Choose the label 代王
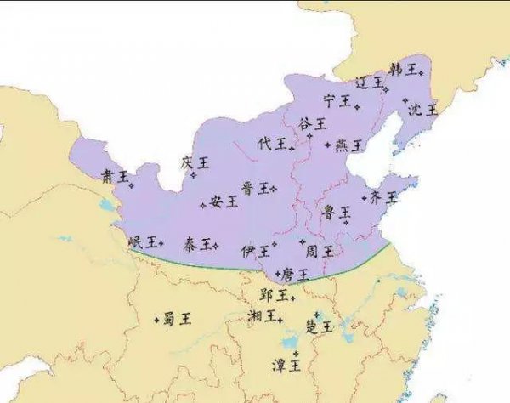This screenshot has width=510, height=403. pyautogui.click(x=272, y=144)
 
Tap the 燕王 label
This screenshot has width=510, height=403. pyautogui.click(x=349, y=145)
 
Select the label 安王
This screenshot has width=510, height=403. pyautogui.click(x=224, y=201)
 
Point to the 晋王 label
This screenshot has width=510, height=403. pyautogui.click(x=254, y=188)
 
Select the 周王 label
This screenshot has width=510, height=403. pyautogui.click(x=319, y=251)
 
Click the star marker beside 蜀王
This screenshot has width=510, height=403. pyautogui.click(x=156, y=320)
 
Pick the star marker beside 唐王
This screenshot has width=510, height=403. pyautogui.click(x=277, y=274)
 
